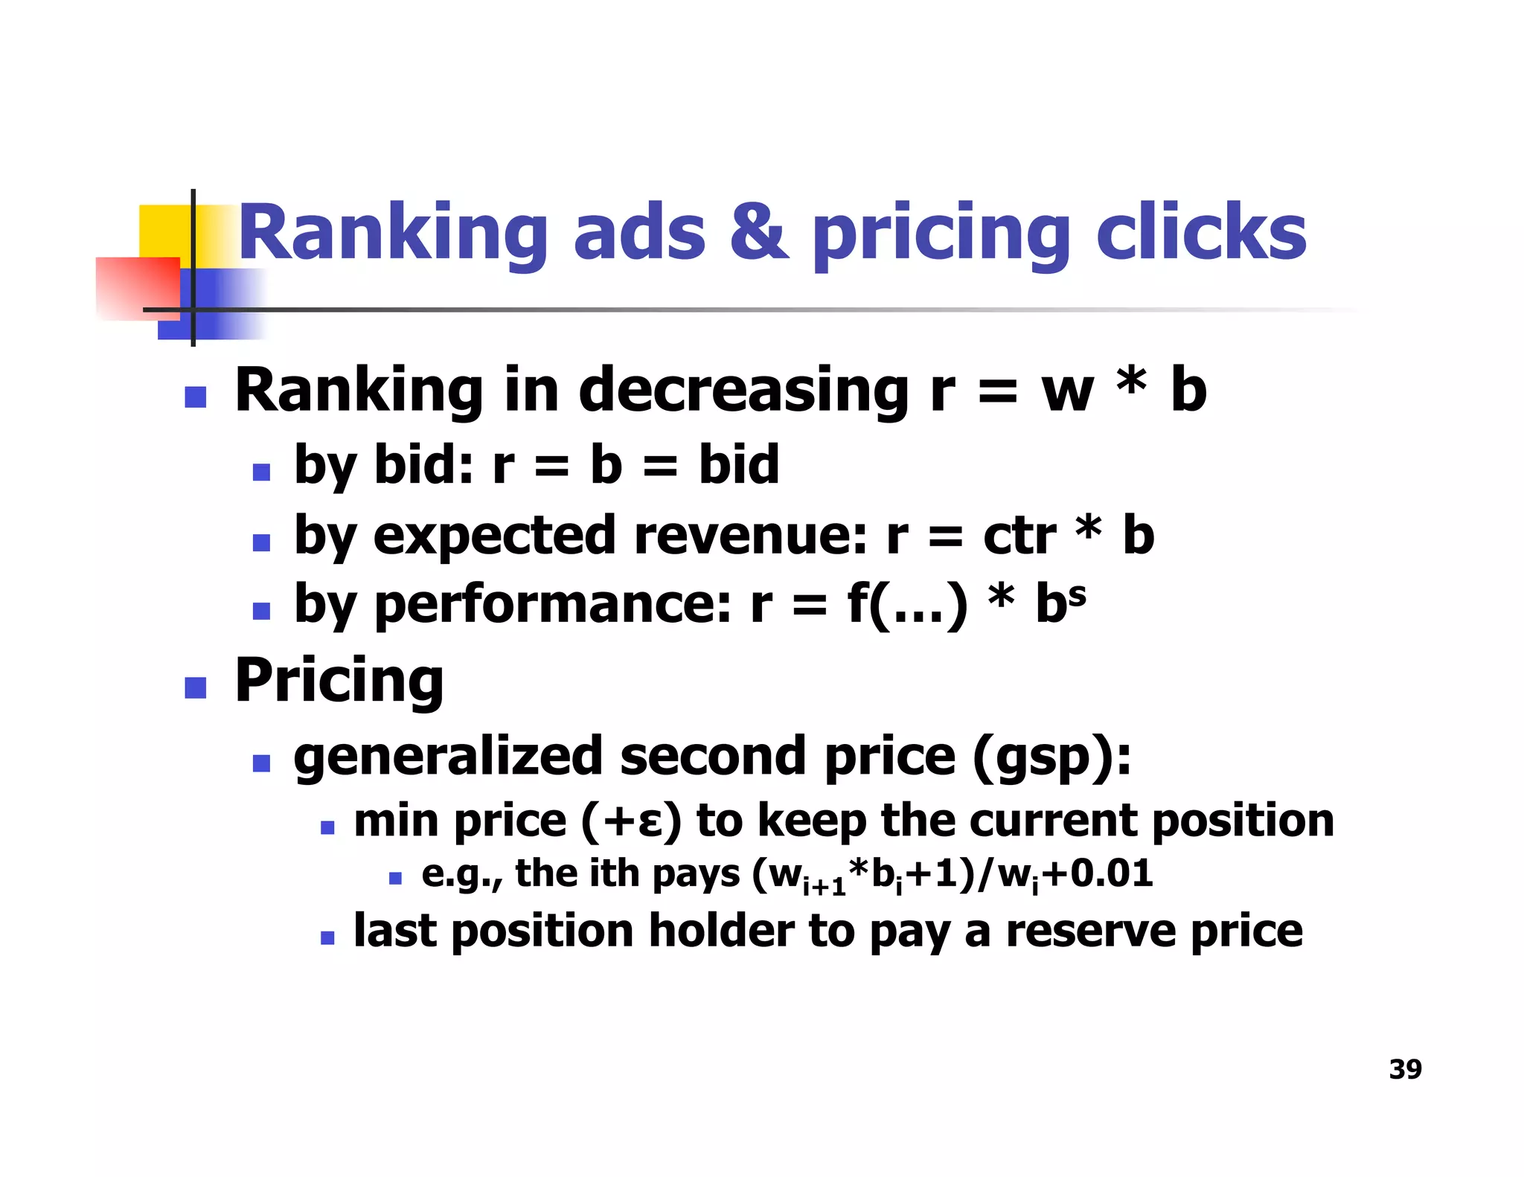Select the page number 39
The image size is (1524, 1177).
pos(1405,1069)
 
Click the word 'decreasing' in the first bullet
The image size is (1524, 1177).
pos(743,390)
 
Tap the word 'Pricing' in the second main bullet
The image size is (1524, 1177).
pos(339,681)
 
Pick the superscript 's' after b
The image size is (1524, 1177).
pos(1077,594)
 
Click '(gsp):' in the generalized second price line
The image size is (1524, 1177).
pos(1051,757)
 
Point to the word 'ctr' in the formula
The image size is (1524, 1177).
pos(1019,536)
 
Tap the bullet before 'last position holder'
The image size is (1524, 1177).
pos(327,937)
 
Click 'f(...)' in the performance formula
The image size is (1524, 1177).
pos(908,604)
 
